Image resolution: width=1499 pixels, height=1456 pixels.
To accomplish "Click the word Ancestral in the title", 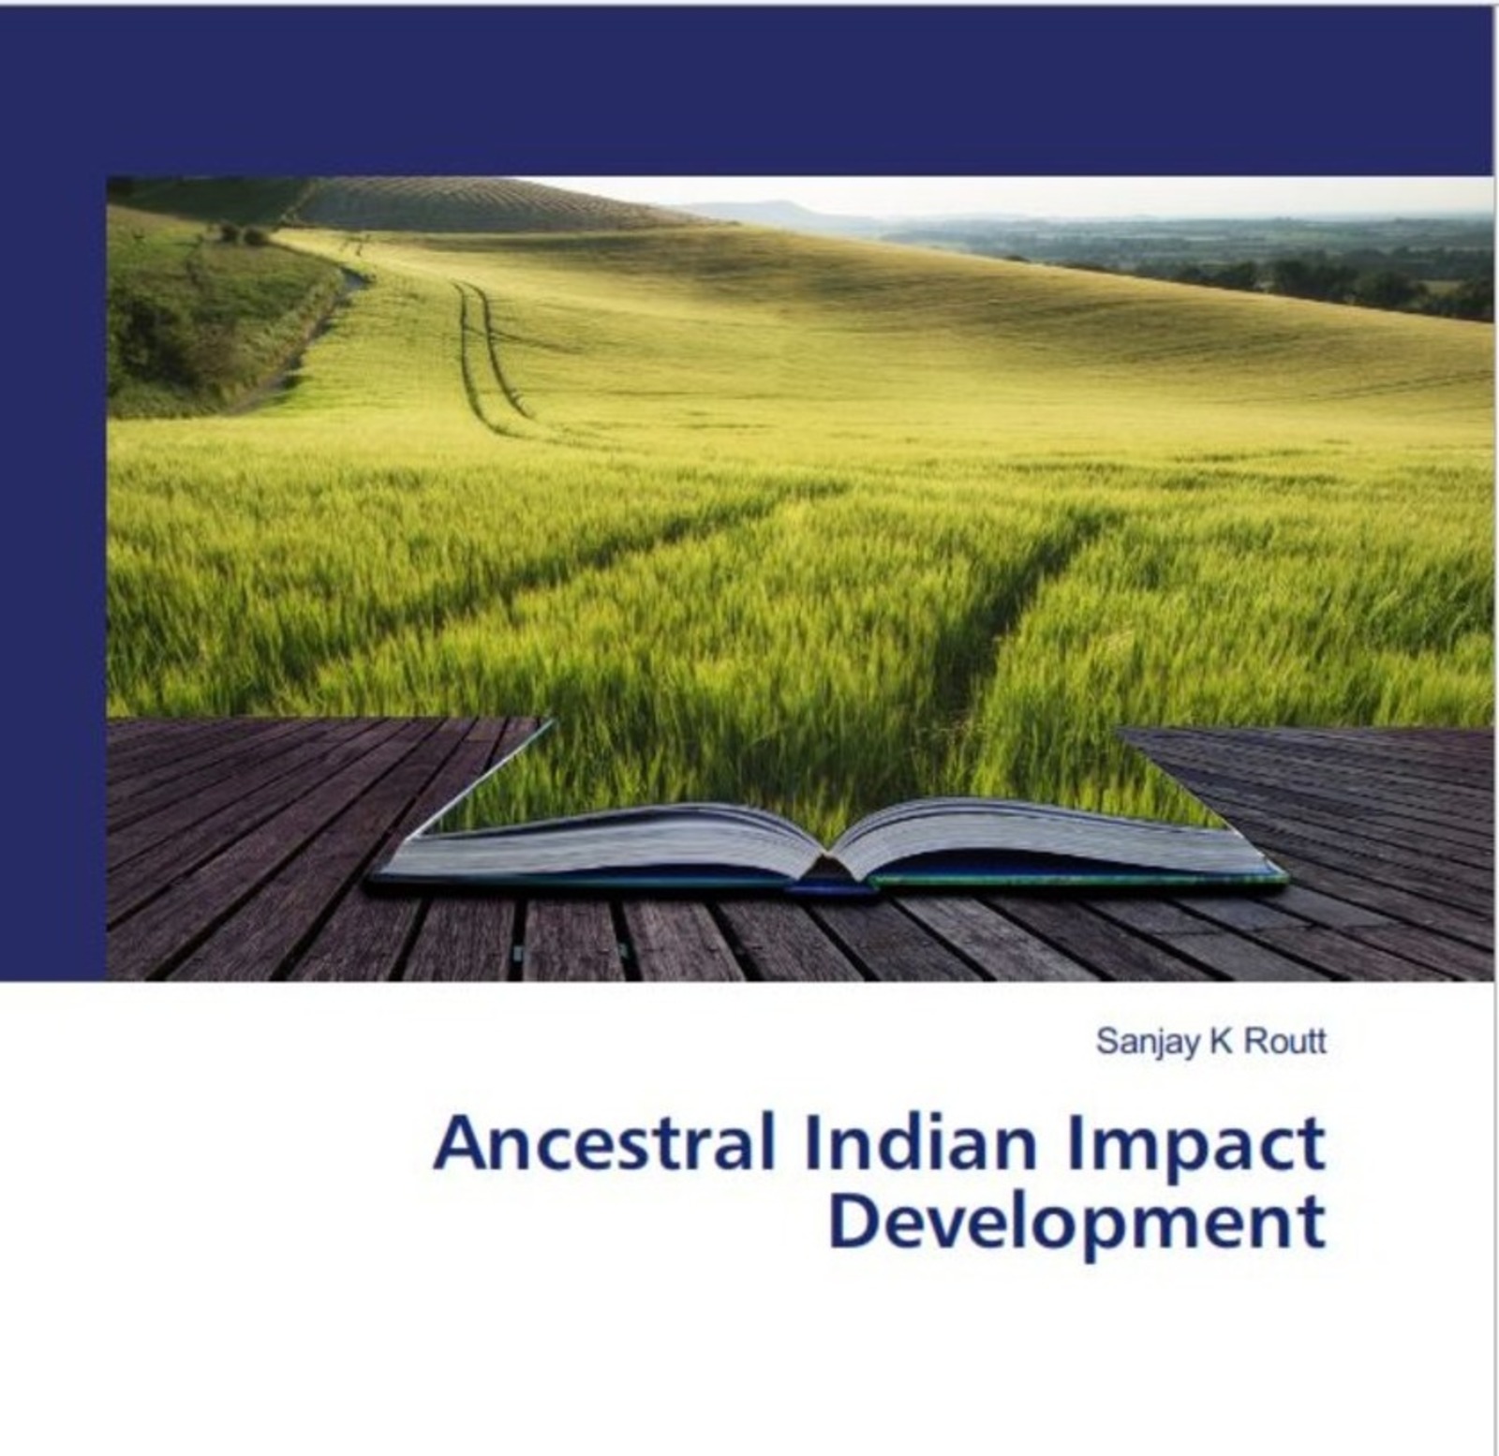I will (x=604, y=1145).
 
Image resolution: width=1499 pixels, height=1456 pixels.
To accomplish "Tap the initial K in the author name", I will (x=1220, y=1042).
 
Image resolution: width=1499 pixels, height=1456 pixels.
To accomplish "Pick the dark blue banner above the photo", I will (x=749, y=89).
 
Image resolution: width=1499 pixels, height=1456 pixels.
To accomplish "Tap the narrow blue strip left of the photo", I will (x=53, y=581).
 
